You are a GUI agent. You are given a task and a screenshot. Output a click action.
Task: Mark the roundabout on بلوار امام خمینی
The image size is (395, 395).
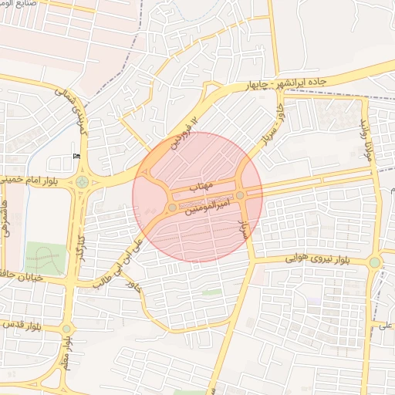tap(82, 183)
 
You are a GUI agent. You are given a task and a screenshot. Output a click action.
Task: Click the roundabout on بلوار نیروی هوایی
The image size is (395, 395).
tap(375, 262)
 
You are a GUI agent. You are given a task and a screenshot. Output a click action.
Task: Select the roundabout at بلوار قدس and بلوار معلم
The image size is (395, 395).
tap(66, 329)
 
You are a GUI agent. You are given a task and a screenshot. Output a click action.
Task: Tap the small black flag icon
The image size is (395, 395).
tap(75, 157)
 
